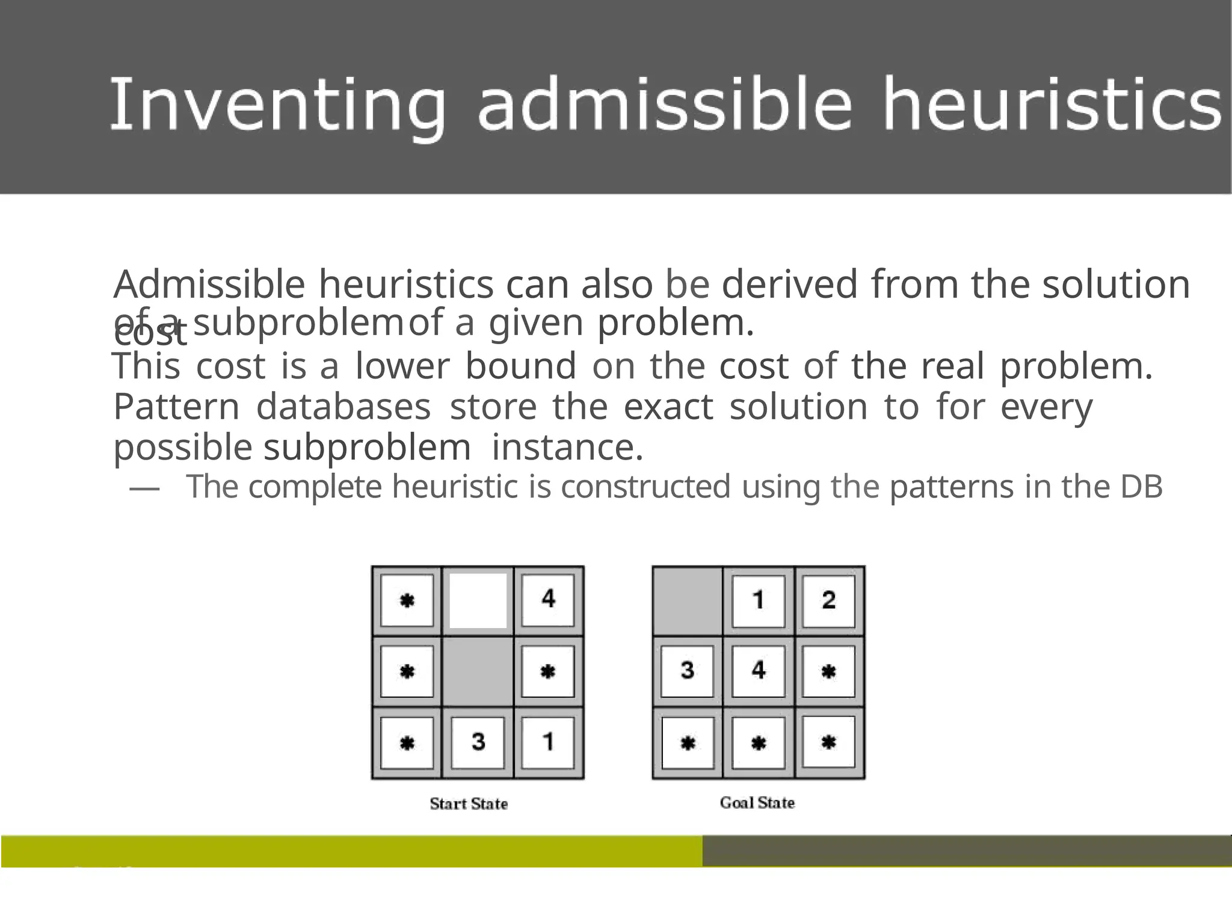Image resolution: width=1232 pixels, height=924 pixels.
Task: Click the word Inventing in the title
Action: pos(277,105)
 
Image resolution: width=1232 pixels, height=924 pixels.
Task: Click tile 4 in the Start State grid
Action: pos(548,600)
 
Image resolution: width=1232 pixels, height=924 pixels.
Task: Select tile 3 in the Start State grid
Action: pos(478,742)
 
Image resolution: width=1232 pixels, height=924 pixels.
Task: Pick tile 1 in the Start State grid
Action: pos(548,742)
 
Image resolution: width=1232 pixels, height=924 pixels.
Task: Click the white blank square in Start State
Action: pos(478,600)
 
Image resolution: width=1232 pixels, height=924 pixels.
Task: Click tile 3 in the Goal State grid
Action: pos(688,671)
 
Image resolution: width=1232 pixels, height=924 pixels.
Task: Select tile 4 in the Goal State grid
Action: pos(758,671)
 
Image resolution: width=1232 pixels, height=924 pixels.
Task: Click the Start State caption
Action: pos(469,804)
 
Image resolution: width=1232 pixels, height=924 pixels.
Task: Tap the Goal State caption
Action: pos(757,802)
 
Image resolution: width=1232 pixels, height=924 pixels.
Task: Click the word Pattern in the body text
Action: pos(176,407)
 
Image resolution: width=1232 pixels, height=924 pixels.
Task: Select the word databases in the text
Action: pos(343,407)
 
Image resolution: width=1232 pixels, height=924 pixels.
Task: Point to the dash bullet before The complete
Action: pos(144,488)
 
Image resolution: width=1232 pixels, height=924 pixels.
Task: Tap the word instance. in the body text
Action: pos(567,448)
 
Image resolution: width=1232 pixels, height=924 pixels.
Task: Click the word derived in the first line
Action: pos(789,284)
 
